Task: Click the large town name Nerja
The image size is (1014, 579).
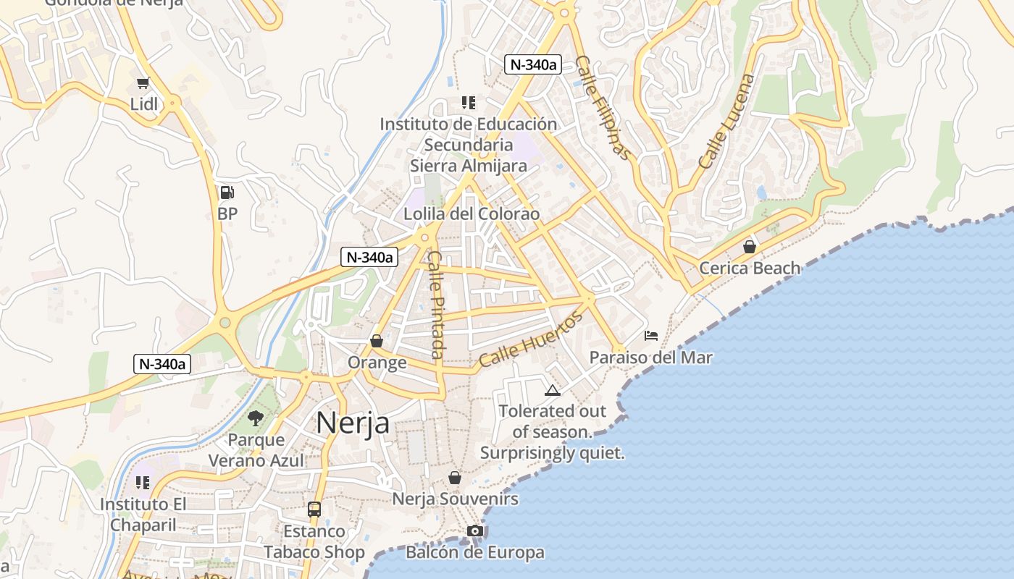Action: (353, 423)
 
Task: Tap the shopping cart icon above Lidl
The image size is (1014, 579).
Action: (143, 83)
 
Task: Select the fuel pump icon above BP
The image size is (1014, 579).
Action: (227, 193)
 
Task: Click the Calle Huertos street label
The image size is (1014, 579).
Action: (531, 339)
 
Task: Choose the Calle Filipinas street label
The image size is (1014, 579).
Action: (603, 108)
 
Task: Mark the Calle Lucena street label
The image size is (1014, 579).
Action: (726, 122)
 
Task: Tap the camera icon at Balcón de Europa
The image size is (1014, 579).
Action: (475, 531)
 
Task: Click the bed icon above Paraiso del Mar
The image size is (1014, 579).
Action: (651, 336)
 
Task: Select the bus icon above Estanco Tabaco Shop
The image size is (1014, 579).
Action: (314, 510)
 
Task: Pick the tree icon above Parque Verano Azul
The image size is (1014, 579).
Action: (255, 418)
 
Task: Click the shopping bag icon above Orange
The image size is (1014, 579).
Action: (377, 341)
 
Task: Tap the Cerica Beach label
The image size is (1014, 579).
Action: (750, 269)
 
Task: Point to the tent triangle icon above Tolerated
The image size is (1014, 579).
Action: (553, 391)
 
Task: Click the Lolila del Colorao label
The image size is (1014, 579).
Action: (472, 214)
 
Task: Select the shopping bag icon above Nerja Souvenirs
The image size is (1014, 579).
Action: (455, 478)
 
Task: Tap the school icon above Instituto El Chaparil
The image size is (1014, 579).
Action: (143, 483)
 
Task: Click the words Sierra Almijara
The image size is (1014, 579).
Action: (469, 166)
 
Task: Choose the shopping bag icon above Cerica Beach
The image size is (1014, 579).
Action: (750, 247)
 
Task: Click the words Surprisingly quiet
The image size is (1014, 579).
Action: (552, 454)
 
